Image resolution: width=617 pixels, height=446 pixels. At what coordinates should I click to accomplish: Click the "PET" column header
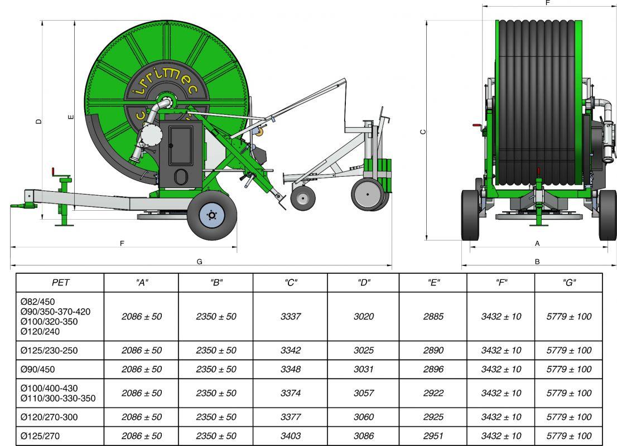click(x=60, y=283)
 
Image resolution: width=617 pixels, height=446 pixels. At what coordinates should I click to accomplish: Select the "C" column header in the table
click(x=291, y=283)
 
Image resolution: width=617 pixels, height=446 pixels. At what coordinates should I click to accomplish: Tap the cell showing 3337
click(x=291, y=316)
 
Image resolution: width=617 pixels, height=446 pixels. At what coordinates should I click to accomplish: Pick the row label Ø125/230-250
click(x=49, y=350)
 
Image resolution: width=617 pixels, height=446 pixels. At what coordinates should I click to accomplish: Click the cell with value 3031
click(x=363, y=369)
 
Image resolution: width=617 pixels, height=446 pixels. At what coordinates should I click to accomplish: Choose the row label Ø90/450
click(x=38, y=369)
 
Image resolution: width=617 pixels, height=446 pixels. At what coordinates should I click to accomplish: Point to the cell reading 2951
click(x=433, y=436)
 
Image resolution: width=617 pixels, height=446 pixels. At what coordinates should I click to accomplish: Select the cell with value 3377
click(x=291, y=417)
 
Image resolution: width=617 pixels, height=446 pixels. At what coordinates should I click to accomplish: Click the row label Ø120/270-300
click(x=49, y=417)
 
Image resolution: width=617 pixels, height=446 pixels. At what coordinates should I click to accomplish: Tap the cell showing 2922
click(x=433, y=393)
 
